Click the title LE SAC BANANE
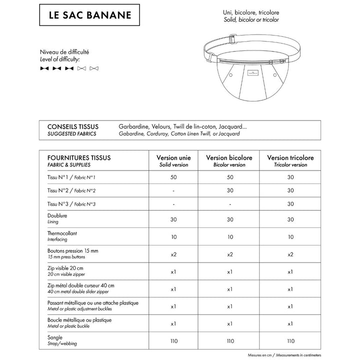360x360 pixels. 89,14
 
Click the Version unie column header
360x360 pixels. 173,160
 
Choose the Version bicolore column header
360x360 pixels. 229,160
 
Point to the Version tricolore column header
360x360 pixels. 290,160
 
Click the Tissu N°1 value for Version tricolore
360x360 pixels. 290,177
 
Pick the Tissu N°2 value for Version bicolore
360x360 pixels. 229,190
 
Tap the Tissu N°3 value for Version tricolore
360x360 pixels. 290,204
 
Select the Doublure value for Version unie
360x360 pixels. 173,219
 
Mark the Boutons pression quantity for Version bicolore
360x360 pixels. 229,254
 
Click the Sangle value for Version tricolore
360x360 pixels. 290,341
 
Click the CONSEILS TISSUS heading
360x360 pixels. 72,126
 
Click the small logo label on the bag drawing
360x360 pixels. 254,72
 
